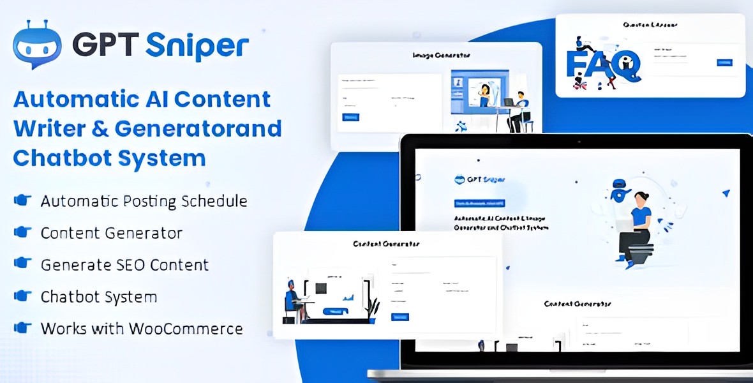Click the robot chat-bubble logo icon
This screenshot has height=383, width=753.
pyautogui.click(x=37, y=44)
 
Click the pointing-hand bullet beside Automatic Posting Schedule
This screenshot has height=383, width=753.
pyautogui.click(x=23, y=200)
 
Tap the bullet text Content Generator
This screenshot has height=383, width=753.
pyautogui.click(x=111, y=233)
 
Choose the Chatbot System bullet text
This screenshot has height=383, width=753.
pyautogui.click(x=98, y=296)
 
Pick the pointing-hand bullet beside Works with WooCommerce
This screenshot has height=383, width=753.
pyautogui.click(x=23, y=328)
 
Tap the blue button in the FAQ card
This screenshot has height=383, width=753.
pyautogui.click(x=724, y=63)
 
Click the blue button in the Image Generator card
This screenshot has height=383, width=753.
pyautogui.click(x=351, y=117)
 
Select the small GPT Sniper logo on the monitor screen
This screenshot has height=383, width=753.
pyautogui.click(x=479, y=179)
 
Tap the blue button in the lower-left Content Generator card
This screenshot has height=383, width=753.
pyautogui.click(x=400, y=317)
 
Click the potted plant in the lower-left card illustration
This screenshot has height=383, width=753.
pyautogui.click(x=373, y=310)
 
